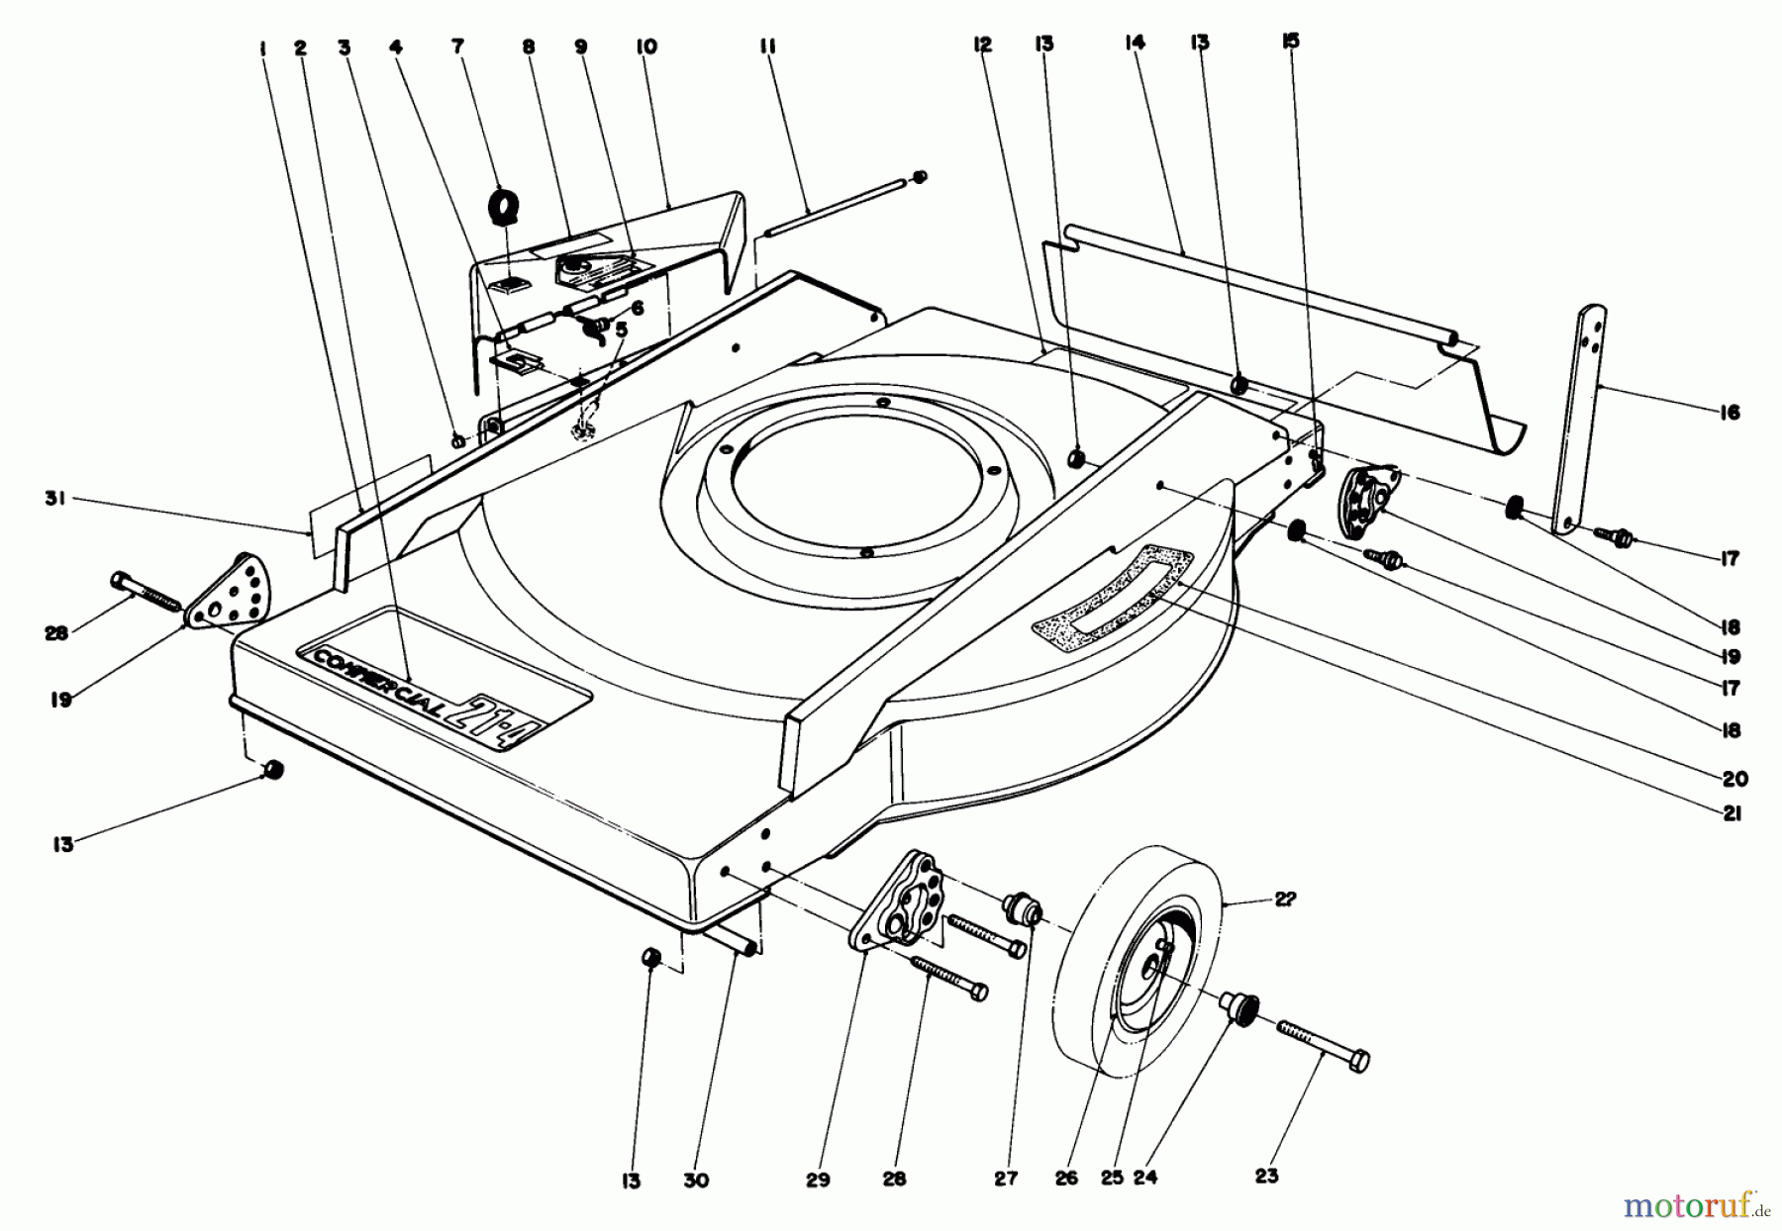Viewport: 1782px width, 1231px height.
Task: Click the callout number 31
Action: pos(53,501)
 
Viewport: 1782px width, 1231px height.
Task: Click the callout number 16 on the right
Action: pos(1729,413)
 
